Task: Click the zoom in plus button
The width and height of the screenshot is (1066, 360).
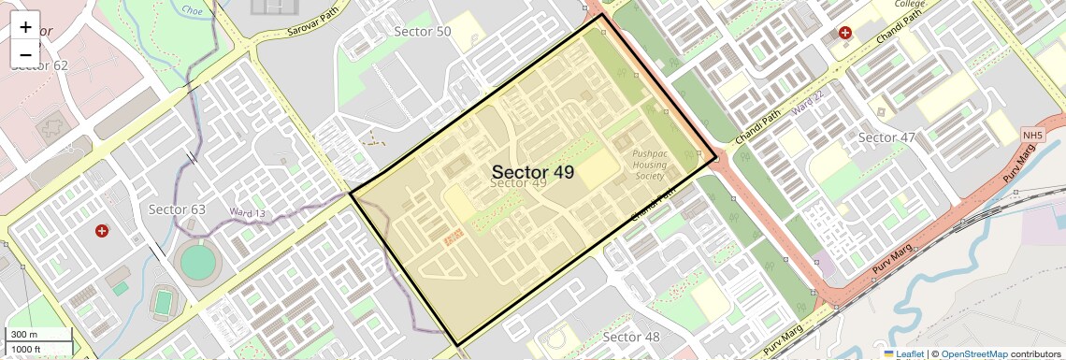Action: coord(25,27)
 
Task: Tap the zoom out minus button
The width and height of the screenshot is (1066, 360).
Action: coord(25,53)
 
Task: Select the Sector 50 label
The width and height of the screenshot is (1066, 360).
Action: coord(423,32)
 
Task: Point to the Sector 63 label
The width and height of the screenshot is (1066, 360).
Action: coord(177,209)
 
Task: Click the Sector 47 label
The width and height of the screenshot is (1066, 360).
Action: coord(886,137)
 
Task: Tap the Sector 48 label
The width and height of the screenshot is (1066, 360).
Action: coord(631,337)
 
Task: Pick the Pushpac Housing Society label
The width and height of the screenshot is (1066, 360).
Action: coord(649,165)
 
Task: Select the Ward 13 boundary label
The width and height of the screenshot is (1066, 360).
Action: coord(248,213)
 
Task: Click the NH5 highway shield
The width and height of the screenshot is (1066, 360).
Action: coord(1031,137)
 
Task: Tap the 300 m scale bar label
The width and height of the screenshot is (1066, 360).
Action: coord(24,335)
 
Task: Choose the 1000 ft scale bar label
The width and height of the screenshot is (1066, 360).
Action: coord(26,349)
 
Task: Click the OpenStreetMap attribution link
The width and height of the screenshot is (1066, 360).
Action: coord(973,353)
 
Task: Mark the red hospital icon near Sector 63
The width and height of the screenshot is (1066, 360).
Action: coord(102,230)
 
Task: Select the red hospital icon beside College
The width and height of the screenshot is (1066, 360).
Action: coord(845,33)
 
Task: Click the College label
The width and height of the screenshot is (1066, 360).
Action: coord(909,4)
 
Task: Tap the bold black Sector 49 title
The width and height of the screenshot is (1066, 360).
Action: coord(532,172)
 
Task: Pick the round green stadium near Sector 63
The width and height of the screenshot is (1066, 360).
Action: coord(197,263)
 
